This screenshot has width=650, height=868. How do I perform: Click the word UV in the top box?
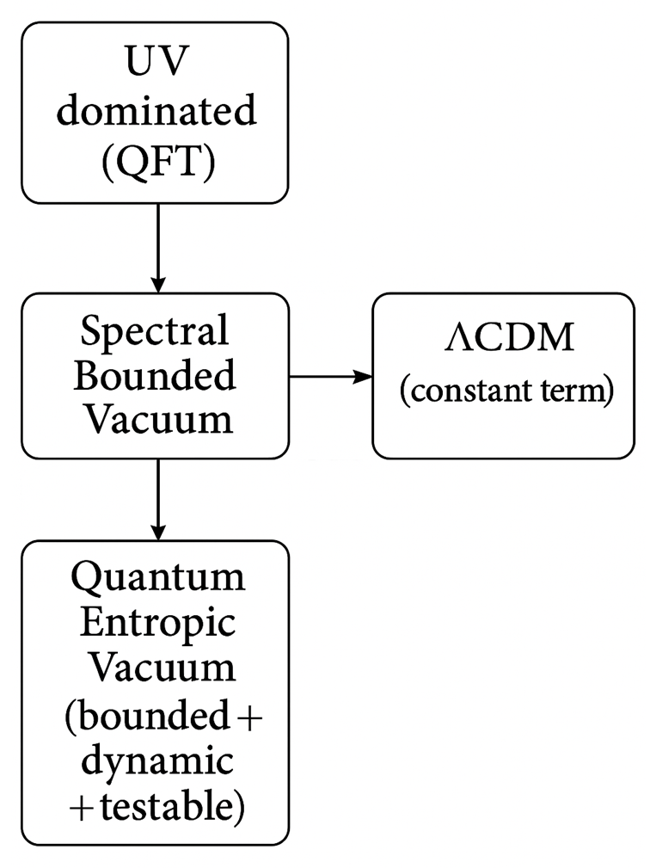[156, 66]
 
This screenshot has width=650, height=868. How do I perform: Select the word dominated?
[156, 112]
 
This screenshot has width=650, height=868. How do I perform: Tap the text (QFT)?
[156, 159]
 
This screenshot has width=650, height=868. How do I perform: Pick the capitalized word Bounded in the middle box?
[156, 375]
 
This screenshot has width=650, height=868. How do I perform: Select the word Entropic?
[156, 623]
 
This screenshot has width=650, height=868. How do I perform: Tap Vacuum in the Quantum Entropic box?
[156, 668]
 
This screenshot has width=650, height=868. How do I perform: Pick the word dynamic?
[156, 762]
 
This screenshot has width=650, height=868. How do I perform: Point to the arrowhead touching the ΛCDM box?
[364, 376]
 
